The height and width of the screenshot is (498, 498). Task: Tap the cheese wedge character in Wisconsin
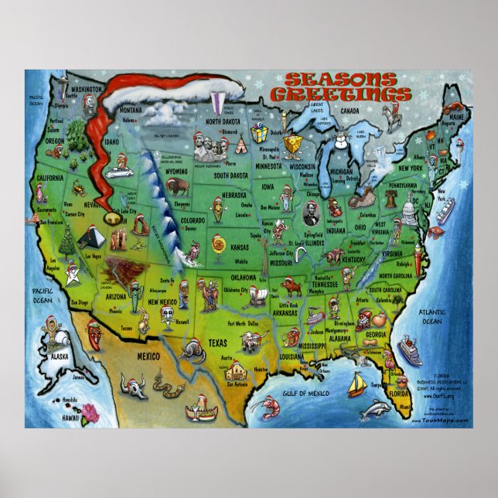(292, 145)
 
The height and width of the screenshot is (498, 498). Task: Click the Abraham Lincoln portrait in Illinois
(310, 213)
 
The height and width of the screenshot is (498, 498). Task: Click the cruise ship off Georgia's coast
(409, 350)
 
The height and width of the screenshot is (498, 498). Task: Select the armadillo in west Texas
(189, 352)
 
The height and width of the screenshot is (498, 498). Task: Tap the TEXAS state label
(218, 342)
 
